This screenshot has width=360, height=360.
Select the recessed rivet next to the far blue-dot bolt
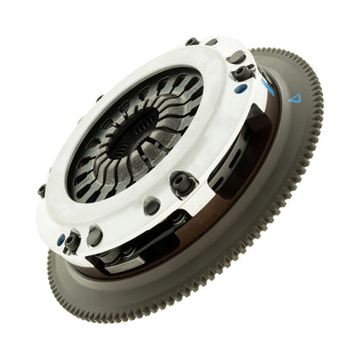point(92,235)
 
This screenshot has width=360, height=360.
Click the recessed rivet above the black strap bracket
point(152,205)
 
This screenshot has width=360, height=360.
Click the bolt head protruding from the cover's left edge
point(41,190)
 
